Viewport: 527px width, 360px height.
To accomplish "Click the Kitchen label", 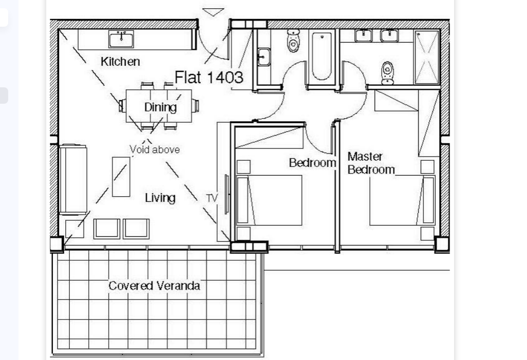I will coord(120,62).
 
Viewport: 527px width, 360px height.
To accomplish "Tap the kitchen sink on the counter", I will coord(121,39).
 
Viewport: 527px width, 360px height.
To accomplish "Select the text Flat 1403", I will coord(209,78).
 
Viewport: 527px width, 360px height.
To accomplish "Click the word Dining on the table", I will coord(160,107).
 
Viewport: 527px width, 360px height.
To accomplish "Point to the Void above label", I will coord(155,149).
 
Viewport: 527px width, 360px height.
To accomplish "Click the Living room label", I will coord(160,198).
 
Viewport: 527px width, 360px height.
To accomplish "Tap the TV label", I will coord(212,198).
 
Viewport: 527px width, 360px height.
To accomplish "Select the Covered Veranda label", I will coord(154,286).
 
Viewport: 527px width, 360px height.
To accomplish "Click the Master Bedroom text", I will coord(371,163).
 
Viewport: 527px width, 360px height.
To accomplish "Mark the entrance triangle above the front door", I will coord(213,12).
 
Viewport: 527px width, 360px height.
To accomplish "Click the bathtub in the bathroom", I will coord(322,56).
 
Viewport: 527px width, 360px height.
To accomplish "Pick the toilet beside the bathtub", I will coord(293,41).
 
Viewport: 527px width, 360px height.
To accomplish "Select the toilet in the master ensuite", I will coord(388,72).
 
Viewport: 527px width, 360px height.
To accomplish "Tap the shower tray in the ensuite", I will coord(427,56).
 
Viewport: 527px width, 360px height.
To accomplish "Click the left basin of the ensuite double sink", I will coord(364,35).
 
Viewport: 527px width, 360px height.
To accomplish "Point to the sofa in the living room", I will coord(73,179).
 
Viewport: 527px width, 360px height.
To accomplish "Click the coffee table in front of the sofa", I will coord(121,177).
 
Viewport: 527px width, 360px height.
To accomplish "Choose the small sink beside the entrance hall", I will coord(263,56).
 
